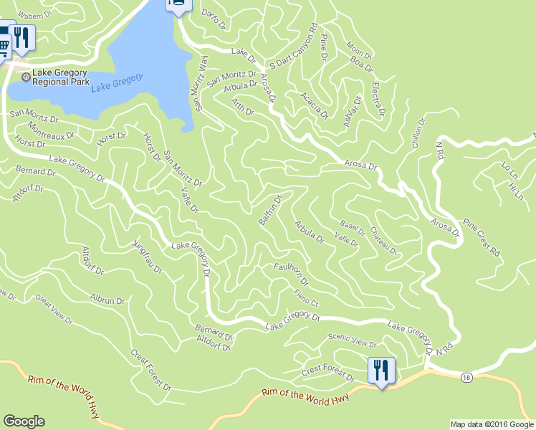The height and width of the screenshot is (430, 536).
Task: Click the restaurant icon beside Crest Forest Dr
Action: pos(381,371)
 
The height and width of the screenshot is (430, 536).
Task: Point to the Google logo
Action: pos(24,421)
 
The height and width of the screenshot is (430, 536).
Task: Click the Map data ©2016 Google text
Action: pos(492,424)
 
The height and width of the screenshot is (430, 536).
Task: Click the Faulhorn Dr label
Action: pos(291,273)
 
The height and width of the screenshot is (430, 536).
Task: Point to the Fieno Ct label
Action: pos(305,296)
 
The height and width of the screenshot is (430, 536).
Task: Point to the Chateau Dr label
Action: pos(383,241)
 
